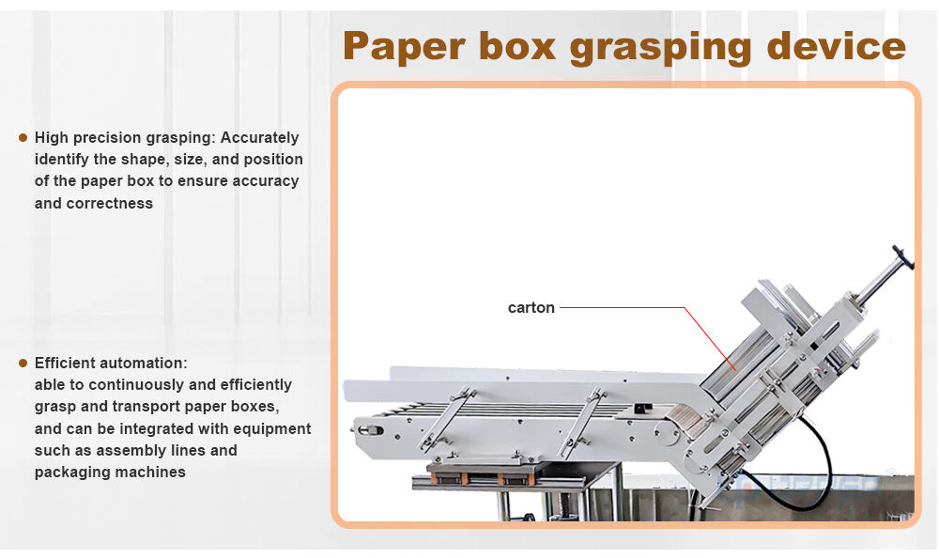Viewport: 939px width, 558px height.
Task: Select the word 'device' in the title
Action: (836, 45)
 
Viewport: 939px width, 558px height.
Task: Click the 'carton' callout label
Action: (531, 307)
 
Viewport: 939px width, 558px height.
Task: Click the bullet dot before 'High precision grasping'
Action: (23, 137)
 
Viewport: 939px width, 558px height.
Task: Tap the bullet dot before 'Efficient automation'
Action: (23, 363)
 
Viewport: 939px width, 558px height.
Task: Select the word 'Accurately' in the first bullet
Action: (265, 137)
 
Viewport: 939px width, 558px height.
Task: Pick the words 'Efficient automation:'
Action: (111, 363)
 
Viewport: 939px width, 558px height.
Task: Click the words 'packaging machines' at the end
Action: (109, 473)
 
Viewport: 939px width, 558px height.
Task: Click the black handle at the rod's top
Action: (903, 257)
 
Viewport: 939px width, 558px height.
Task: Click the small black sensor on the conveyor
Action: (643, 409)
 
